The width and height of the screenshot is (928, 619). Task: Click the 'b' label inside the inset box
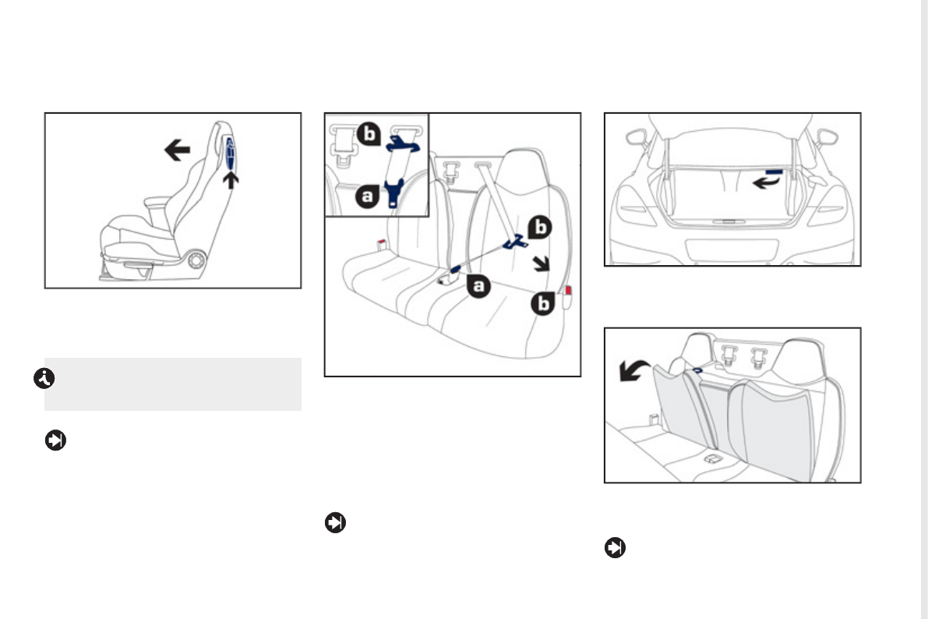click(x=371, y=134)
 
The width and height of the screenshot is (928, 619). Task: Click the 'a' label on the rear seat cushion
click(x=478, y=288)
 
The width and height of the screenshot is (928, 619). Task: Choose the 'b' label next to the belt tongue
click(x=540, y=227)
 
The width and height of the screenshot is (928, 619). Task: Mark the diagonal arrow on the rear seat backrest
click(x=538, y=264)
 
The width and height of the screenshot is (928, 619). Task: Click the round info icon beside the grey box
click(x=41, y=379)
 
